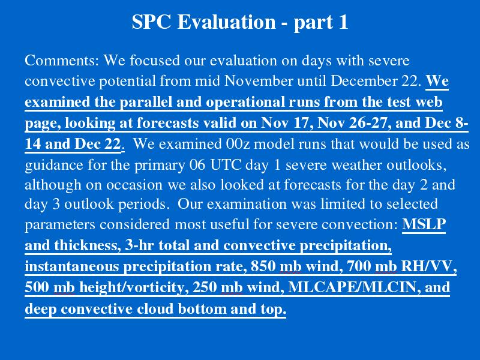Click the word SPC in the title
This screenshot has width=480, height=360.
151,22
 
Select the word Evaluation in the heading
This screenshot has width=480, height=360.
227,22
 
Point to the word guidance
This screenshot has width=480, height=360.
54,166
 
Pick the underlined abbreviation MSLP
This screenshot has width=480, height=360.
424,224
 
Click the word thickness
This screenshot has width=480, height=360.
88,245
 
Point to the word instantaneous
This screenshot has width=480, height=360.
74,266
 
